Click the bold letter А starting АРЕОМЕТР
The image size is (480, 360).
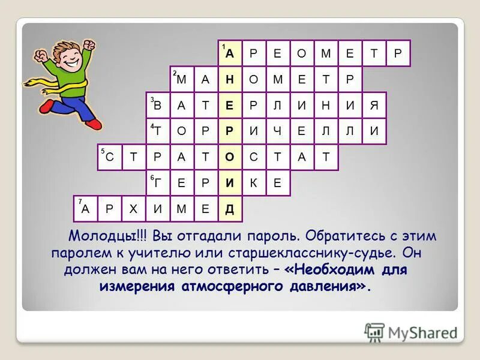[230, 53]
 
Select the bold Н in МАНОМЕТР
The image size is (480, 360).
[230, 79]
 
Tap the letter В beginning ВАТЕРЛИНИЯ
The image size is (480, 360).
[158, 106]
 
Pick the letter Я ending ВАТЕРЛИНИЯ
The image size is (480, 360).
[374, 106]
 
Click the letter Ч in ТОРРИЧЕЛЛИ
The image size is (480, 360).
[278, 131]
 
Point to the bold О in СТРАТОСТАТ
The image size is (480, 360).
[230, 157]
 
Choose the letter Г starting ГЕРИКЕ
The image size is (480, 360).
[158, 184]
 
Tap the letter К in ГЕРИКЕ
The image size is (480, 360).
[254, 184]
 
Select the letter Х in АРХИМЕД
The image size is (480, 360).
[134, 209]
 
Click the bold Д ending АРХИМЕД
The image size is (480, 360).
[230, 209]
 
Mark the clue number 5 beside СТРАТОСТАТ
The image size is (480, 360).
[103, 152]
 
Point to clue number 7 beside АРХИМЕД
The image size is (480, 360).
[79, 202]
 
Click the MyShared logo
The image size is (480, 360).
[411, 332]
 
